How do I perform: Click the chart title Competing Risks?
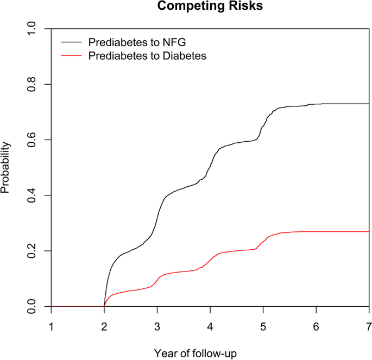point(210,7)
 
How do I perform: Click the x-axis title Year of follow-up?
point(210,352)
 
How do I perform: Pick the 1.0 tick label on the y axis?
point(34,29)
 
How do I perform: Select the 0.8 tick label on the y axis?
point(34,84)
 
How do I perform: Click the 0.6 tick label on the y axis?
point(34,140)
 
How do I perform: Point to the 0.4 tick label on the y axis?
point(34,195)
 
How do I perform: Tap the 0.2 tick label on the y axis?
point(34,251)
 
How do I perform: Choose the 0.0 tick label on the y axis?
point(34,307)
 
